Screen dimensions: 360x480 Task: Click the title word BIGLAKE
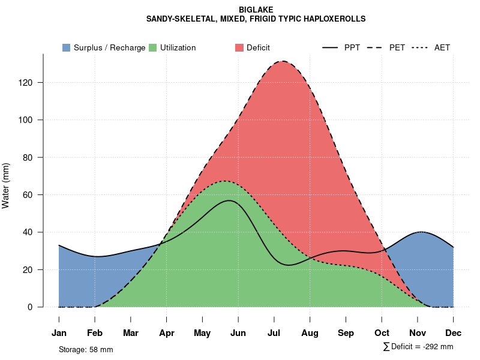pyautogui.click(x=256, y=10)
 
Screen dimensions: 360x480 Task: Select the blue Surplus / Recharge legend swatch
pyautogui.click(x=66, y=47)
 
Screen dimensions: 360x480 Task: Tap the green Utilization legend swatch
pyautogui.click(x=152, y=47)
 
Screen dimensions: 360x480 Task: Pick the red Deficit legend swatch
pyautogui.click(x=239, y=47)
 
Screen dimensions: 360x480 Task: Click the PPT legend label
pyautogui.click(x=352, y=47)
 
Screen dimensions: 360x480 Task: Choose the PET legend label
pyautogui.click(x=397, y=47)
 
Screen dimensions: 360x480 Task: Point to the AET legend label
pyautogui.click(x=442, y=47)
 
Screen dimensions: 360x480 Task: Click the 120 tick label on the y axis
pyautogui.click(x=26, y=83)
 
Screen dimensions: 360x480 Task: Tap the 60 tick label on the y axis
pyautogui.click(x=28, y=195)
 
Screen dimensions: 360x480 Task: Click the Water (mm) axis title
pyautogui.click(x=6, y=185)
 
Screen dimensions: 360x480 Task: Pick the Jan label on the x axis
pyautogui.click(x=59, y=333)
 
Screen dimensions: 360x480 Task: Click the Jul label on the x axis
pyautogui.click(x=274, y=333)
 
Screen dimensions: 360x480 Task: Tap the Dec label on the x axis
pyautogui.click(x=454, y=333)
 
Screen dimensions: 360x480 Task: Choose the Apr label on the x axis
pyautogui.click(x=167, y=333)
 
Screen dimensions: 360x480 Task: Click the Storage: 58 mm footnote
pyautogui.click(x=86, y=349)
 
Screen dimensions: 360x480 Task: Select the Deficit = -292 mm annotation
pyautogui.click(x=418, y=347)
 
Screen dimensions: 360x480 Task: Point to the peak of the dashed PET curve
pyautogui.click(x=282, y=61)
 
